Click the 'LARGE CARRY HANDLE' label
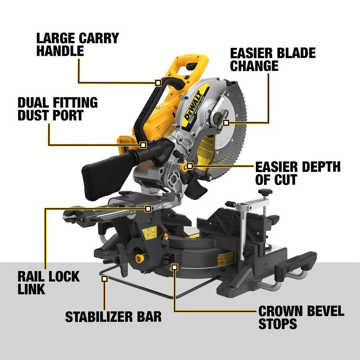77,44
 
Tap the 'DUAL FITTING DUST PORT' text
58,109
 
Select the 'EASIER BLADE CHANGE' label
273,59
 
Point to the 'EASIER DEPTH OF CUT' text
298,173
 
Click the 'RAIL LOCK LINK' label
49,283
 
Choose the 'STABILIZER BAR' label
113,316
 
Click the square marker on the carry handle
158,82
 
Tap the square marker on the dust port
143,145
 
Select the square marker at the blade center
226,123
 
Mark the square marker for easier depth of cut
190,166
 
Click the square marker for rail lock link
148,208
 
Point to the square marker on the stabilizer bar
104,278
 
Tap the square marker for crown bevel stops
175,267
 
